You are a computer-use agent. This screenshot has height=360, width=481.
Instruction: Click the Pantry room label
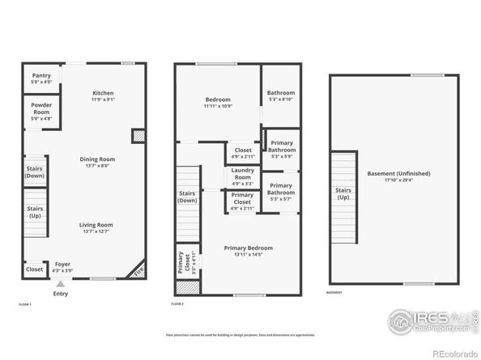click(x=41, y=78)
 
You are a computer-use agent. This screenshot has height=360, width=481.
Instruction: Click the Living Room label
click(x=96, y=227)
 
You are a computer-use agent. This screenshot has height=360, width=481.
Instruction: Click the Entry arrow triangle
click(x=59, y=284)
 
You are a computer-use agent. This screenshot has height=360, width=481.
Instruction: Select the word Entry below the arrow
click(x=60, y=294)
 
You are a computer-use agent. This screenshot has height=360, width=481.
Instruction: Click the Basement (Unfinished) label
click(x=398, y=176)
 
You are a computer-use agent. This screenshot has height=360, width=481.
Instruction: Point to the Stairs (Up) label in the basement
click(x=343, y=194)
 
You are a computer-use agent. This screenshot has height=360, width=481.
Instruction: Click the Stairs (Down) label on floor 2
click(x=188, y=196)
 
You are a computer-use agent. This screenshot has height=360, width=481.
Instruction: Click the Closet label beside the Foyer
click(x=34, y=269)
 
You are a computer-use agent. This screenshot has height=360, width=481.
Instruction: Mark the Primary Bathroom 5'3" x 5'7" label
click(x=281, y=189)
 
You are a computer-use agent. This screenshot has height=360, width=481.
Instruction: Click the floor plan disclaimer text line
click(x=240, y=333)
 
